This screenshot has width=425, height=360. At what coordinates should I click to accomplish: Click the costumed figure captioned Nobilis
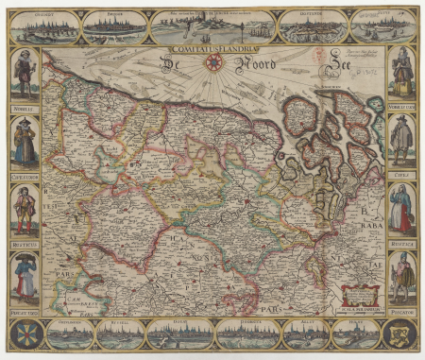[x=24, y=73]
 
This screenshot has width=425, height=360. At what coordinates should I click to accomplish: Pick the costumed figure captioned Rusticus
[x=24, y=209]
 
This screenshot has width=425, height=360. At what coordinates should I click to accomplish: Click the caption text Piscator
[x=401, y=310]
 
